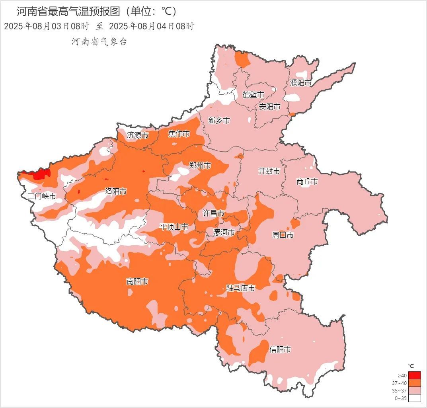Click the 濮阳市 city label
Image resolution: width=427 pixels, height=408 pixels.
point(300,83)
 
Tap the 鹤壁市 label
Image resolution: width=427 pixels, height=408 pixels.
point(253,95)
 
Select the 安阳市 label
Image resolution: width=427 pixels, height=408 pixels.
point(269,107)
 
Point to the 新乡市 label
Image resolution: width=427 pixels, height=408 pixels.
point(219,120)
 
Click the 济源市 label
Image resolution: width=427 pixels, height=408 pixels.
point(138,135)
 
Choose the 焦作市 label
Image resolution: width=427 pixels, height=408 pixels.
point(179,134)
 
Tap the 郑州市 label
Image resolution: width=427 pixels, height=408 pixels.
point(200,166)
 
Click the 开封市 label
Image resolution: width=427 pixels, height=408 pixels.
point(269,171)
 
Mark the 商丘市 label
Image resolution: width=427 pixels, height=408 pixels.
point(307,182)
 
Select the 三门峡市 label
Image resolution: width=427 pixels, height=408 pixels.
point(42,196)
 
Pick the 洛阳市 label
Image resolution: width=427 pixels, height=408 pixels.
point(115,191)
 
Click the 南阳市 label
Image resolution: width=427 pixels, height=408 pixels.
point(137,281)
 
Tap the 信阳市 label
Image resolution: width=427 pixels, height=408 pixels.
point(280,349)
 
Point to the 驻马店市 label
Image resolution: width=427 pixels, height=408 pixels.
point(240,288)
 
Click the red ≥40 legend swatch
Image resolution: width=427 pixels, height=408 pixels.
point(414,375)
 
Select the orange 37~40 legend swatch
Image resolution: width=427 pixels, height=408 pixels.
point(414,383)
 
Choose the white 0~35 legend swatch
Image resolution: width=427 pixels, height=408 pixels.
point(414,398)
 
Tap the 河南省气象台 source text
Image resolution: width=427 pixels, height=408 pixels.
point(99,42)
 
